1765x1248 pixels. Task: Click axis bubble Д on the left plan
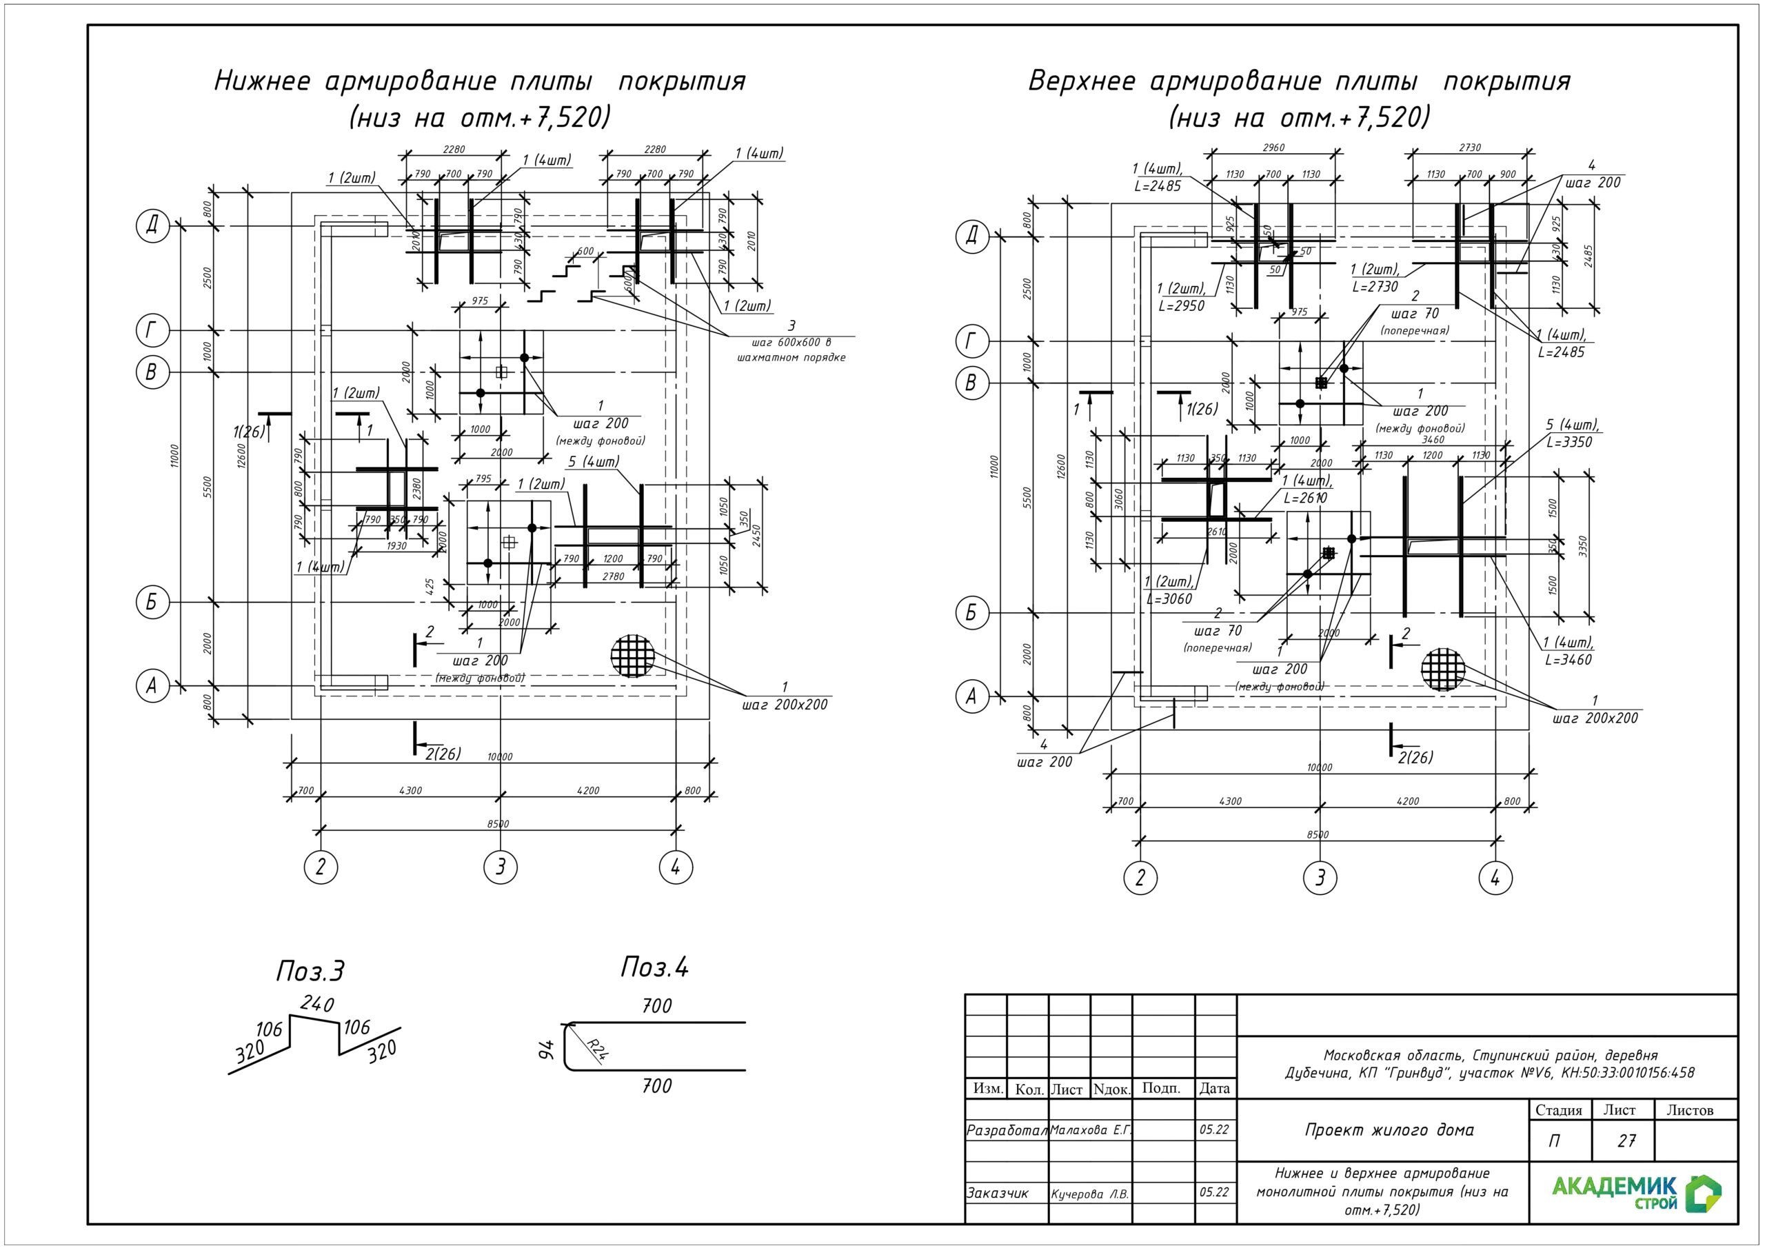tap(152, 225)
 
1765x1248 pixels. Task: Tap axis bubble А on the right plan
tap(971, 696)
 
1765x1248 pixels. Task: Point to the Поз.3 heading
tap(310, 972)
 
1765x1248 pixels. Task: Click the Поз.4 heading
tap(654, 967)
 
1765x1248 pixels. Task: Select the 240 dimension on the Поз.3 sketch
tap(316, 1003)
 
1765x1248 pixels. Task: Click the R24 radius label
tap(597, 1048)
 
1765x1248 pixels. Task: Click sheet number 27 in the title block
tap(1626, 1140)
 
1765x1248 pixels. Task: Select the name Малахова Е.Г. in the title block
tap(1090, 1129)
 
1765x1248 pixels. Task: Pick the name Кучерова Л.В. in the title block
tap(1089, 1194)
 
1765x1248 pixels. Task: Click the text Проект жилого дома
tap(1389, 1129)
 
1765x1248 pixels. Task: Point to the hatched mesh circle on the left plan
tap(633, 656)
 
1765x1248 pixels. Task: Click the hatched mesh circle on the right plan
tap(1443, 670)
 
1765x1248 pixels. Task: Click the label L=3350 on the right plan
tap(1569, 442)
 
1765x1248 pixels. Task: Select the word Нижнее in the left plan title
tap(262, 81)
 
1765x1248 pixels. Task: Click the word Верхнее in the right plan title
tap(1081, 81)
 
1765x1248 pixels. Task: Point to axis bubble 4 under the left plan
tap(676, 867)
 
